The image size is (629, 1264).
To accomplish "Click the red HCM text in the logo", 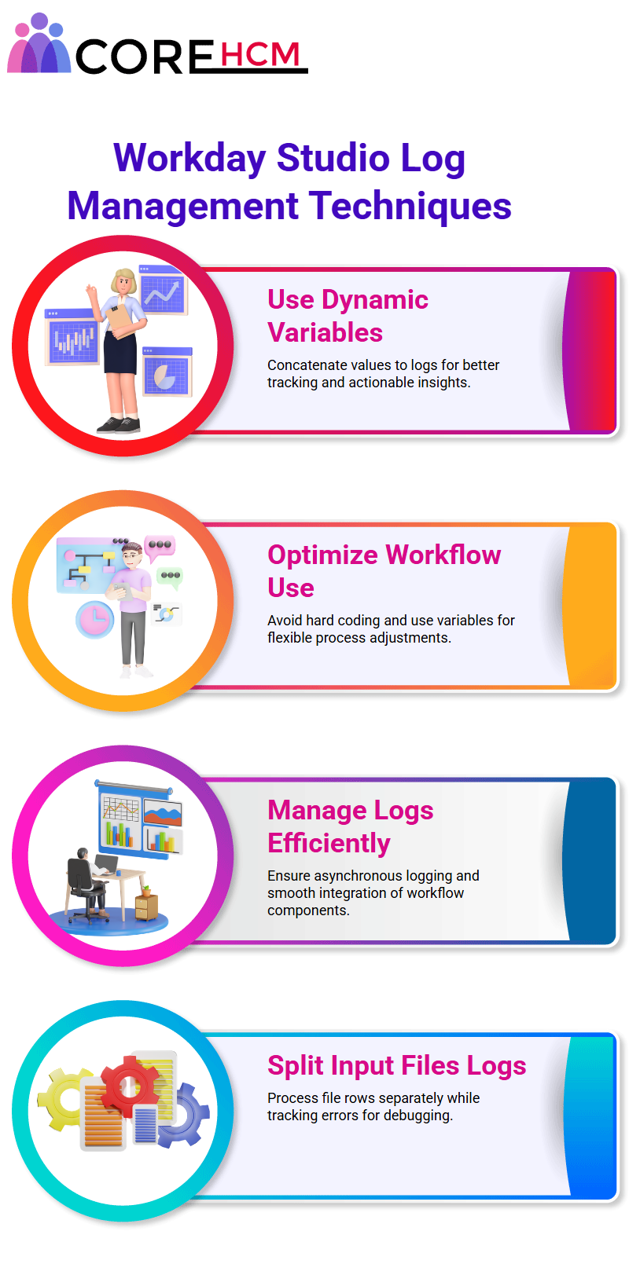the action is pos(259,54).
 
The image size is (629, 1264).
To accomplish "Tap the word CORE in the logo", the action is pos(144,57).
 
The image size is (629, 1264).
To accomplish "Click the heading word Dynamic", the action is pos(375,299).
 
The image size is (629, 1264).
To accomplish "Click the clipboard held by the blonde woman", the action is pos(120,319).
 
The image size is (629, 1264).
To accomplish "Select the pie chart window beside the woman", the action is pos(167,372).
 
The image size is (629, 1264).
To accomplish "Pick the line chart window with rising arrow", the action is pos(163,290).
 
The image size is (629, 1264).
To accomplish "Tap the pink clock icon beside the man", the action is pos(95,620).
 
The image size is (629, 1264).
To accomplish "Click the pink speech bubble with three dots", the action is pos(160,547).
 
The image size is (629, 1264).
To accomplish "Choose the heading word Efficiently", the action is pos(329,843).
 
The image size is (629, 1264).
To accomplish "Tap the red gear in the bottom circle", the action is pos(129,1085).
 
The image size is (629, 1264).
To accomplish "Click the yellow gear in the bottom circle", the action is pos(62,1099).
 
